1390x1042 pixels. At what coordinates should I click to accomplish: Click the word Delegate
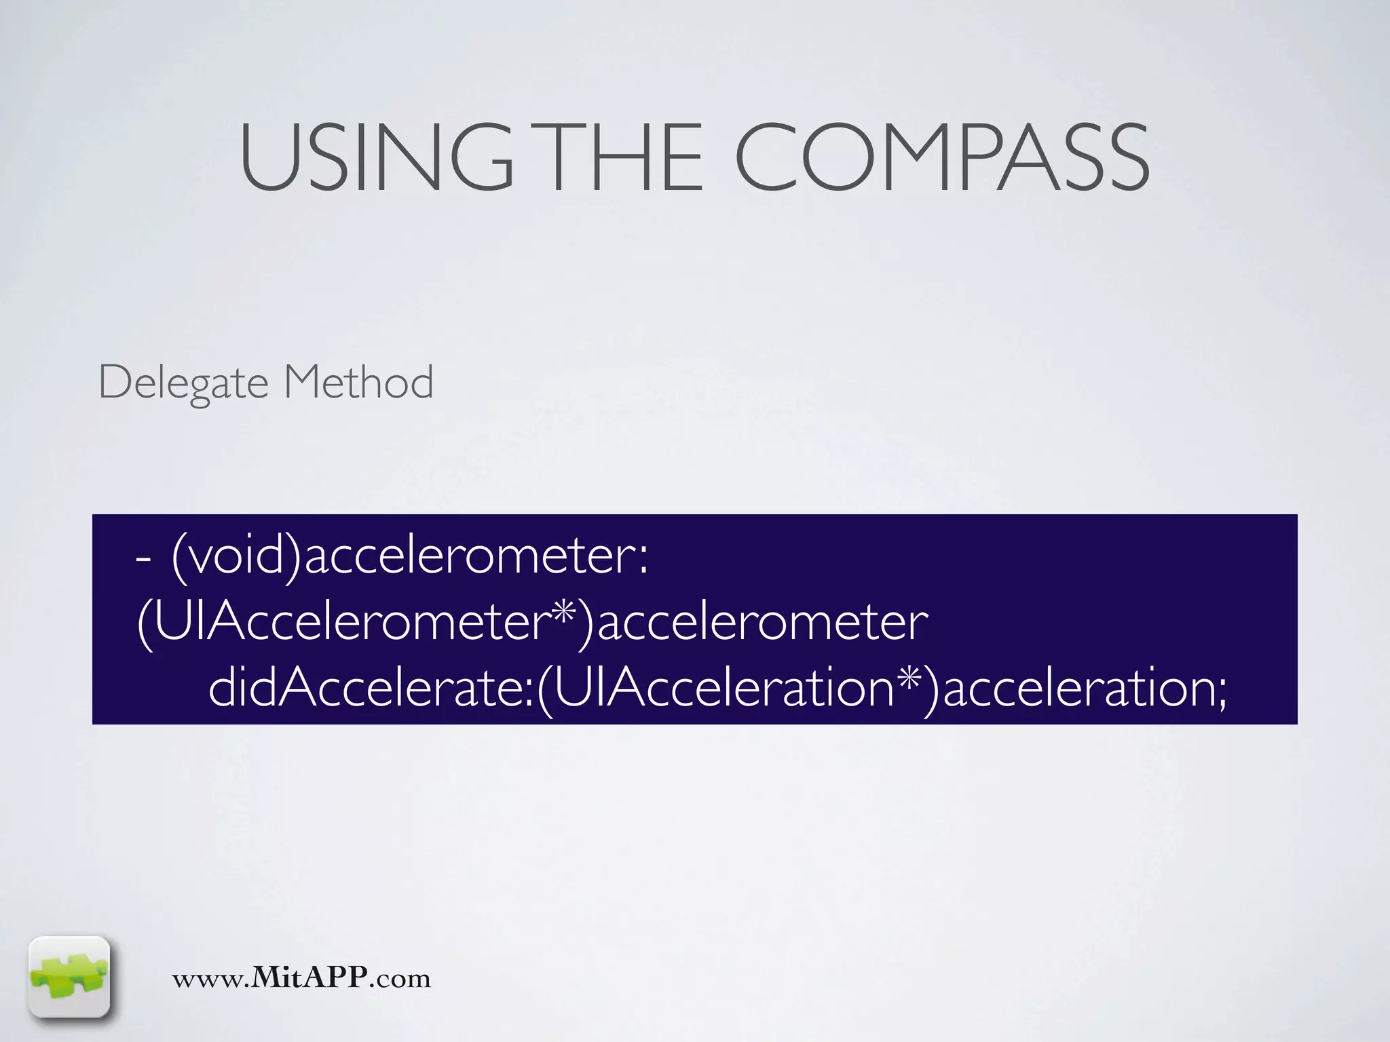(x=183, y=383)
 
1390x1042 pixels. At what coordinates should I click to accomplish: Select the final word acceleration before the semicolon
(x=1079, y=688)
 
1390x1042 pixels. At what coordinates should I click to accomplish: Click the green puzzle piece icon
(x=69, y=976)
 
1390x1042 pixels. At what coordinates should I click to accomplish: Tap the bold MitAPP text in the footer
(x=309, y=978)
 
